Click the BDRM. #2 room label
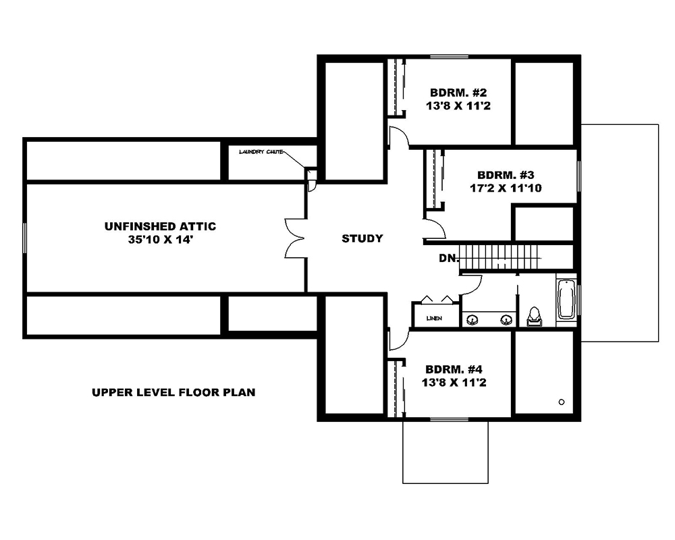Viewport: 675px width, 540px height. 459,92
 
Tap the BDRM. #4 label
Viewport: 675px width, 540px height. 454,369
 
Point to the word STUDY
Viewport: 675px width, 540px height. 362,238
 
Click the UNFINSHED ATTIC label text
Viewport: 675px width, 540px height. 160,226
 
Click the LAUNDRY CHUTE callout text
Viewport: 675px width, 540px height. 261,152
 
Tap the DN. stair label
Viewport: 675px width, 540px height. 448,258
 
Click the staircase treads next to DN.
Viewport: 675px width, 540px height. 500,257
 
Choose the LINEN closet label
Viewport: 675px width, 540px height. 435,318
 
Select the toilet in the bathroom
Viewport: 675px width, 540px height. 535,316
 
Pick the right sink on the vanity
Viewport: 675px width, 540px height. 505,319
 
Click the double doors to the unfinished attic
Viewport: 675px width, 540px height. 296,238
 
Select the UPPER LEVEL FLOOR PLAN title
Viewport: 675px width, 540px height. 173,392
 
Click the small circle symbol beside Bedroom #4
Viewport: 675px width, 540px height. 562,402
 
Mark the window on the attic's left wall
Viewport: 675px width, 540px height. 25,238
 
